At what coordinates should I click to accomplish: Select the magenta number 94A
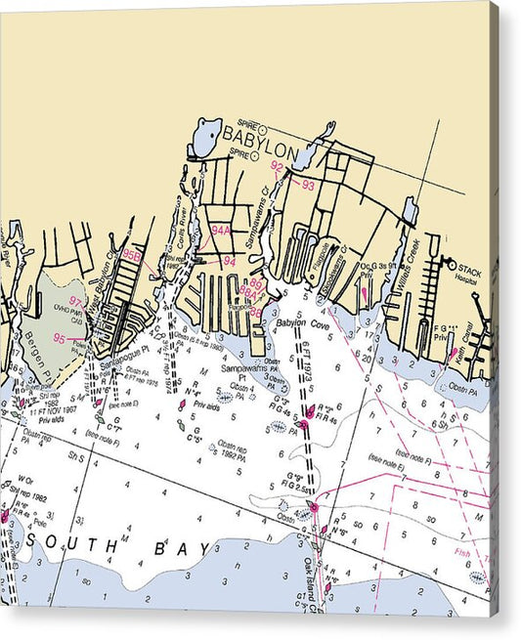click(x=221, y=231)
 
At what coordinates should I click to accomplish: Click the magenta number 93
click(x=309, y=184)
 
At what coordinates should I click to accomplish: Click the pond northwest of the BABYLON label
click(x=206, y=136)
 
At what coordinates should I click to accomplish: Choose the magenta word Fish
click(x=463, y=553)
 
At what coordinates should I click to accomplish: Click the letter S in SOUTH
click(x=34, y=539)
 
